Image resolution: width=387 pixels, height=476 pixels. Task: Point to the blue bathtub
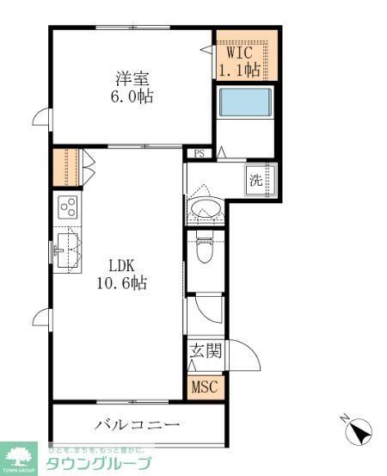click(246, 102)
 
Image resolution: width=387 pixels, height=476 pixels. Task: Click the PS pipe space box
click(199, 155)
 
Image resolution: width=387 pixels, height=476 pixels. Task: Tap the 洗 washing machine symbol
click(255, 181)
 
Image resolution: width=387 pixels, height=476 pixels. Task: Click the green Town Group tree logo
click(20, 458)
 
